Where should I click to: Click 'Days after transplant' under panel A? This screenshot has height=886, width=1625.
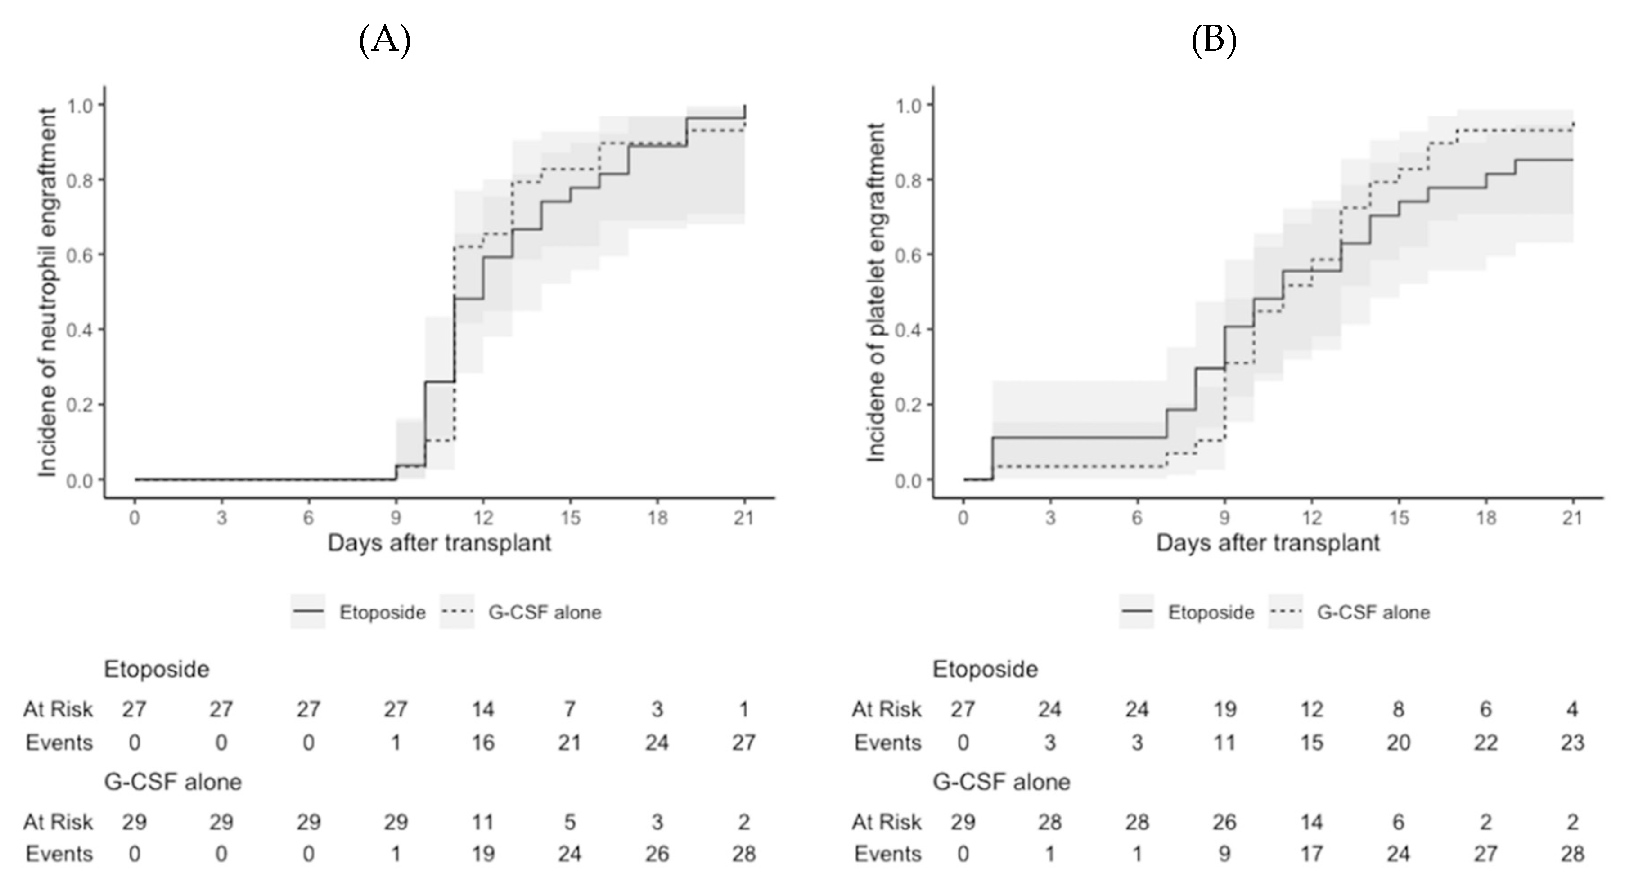[x=439, y=543]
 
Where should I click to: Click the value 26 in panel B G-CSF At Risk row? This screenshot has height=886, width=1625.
[x=1224, y=822]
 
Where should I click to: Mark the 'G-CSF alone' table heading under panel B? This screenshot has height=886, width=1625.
[x=1001, y=782]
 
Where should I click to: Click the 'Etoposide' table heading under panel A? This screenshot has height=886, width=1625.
[x=157, y=669]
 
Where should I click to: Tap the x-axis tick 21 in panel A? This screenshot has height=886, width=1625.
[x=744, y=519]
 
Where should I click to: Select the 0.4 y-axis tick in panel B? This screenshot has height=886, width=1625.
[x=909, y=330]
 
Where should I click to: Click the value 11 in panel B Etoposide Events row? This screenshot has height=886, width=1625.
[x=1224, y=743]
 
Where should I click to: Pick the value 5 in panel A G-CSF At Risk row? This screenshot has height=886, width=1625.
[x=570, y=822]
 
